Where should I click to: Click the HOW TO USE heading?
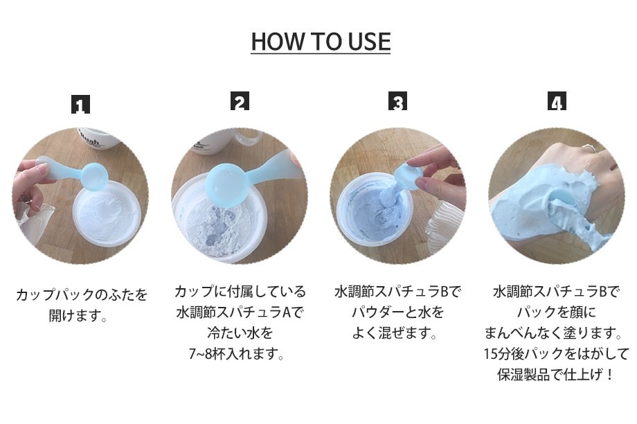(x=321, y=42)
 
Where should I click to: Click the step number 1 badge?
(x=81, y=105)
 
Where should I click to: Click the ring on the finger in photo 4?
(x=587, y=148)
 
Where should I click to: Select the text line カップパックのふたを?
(x=82, y=295)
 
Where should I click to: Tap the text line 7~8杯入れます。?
(x=239, y=355)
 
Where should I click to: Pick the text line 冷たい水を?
(x=239, y=333)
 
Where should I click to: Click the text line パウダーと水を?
(x=397, y=312)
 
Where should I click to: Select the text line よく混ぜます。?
(x=397, y=334)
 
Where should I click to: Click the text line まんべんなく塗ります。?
(x=556, y=333)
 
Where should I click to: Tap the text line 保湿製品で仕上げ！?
(x=556, y=376)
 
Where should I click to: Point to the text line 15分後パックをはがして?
(x=556, y=355)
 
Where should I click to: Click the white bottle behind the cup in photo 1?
(x=97, y=136)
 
